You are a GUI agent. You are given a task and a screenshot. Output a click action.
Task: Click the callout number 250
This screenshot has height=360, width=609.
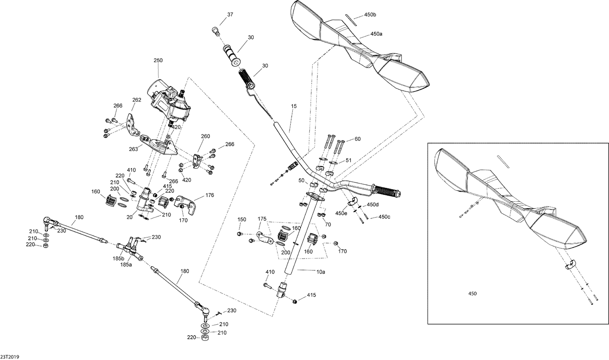point(158,60)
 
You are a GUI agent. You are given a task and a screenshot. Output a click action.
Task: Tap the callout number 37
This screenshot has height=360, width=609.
point(230,15)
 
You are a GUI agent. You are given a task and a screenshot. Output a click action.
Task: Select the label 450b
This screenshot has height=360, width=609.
point(370,15)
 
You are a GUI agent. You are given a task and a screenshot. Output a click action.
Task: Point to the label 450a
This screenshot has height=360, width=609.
point(376,34)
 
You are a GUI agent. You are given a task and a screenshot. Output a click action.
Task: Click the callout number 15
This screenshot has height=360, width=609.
point(294,106)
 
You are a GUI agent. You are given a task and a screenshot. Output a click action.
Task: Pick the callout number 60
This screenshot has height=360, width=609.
point(357,139)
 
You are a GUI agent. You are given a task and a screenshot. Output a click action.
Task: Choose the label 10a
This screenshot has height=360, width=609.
point(321,272)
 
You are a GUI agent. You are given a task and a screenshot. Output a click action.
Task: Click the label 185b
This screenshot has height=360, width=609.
point(118,258)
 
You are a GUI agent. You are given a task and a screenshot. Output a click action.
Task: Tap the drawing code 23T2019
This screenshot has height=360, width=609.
point(10,357)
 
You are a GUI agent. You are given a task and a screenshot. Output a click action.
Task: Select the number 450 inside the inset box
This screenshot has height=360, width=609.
point(473,293)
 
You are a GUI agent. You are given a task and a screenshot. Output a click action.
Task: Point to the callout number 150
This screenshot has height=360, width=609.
point(242,220)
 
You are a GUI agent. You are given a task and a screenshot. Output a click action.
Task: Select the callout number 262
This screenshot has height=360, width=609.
point(137,99)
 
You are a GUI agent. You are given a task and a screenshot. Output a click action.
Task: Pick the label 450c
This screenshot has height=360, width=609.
point(384,217)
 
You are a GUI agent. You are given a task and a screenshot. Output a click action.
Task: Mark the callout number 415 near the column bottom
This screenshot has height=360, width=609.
point(311,295)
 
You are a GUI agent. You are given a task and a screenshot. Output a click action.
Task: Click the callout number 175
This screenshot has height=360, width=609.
point(262,219)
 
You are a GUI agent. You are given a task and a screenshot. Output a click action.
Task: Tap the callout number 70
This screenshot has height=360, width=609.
point(328,224)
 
